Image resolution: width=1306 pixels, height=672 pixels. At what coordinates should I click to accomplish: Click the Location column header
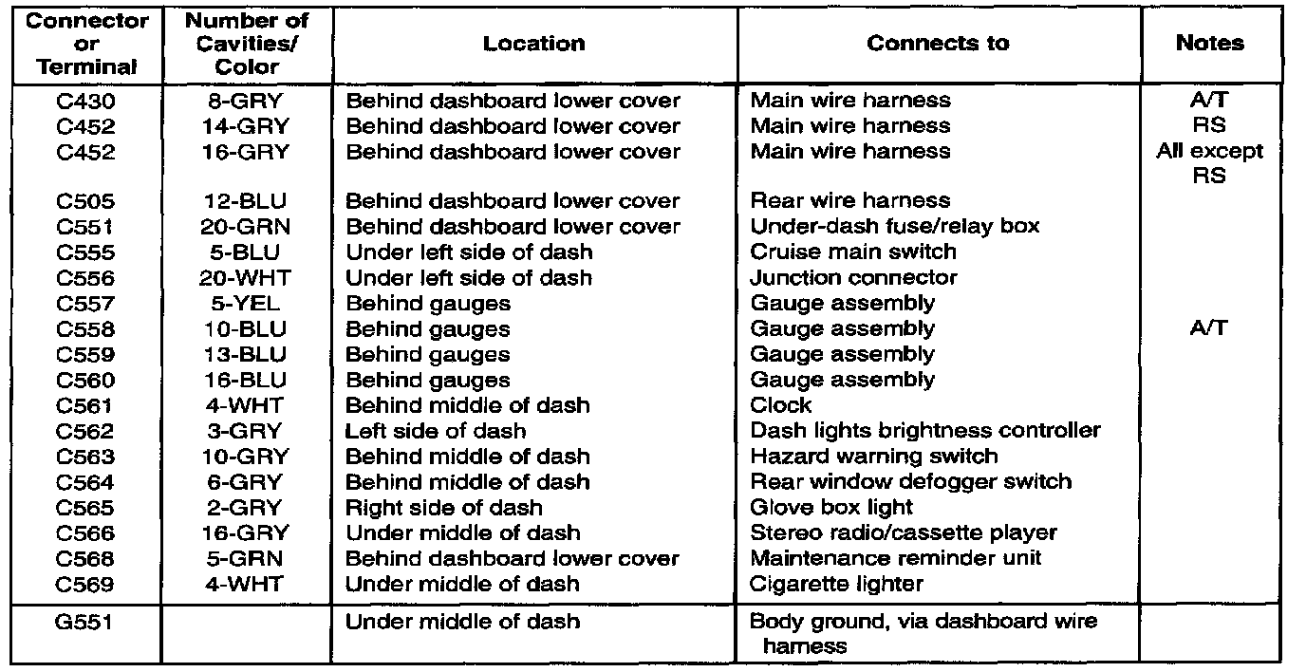pyautogui.click(x=534, y=44)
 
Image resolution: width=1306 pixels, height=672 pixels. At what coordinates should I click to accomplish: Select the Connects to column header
pyautogui.click(x=938, y=44)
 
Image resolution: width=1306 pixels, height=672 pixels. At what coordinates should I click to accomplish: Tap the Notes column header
pyautogui.click(x=1209, y=44)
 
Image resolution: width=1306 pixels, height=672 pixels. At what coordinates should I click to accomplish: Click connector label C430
pyautogui.click(x=84, y=101)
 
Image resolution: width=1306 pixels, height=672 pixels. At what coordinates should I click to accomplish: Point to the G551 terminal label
pyautogui.click(x=84, y=623)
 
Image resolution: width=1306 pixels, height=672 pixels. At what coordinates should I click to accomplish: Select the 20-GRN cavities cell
pyautogui.click(x=246, y=227)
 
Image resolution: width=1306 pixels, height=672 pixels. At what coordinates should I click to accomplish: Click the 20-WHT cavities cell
pyautogui.click(x=246, y=278)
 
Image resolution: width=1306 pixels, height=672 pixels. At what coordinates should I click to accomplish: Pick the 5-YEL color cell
pyautogui.click(x=246, y=304)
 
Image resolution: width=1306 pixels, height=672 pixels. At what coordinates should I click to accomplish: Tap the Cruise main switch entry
pyautogui.click(x=853, y=252)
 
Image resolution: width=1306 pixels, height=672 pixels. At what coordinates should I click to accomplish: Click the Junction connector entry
pyautogui.click(x=853, y=278)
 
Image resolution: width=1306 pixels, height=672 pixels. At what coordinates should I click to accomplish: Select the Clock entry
pyautogui.click(x=781, y=405)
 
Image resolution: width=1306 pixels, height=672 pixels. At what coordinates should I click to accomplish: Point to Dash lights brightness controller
pyautogui.click(x=925, y=431)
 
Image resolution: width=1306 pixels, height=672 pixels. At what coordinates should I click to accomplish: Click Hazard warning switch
pyautogui.click(x=874, y=457)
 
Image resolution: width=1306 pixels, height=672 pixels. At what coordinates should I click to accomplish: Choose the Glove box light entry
pyautogui.click(x=831, y=508)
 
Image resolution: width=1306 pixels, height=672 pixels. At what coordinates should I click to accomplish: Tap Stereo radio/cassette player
pyautogui.click(x=903, y=533)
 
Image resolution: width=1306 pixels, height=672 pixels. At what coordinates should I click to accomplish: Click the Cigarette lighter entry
pyautogui.click(x=836, y=584)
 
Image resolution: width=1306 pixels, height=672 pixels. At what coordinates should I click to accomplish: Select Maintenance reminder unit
pyautogui.click(x=896, y=558)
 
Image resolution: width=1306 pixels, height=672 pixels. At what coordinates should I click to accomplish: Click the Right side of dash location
pyautogui.click(x=444, y=508)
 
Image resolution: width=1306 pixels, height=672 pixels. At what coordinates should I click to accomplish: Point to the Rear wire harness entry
pyautogui.click(x=849, y=201)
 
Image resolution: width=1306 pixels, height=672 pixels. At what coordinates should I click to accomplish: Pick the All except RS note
pyautogui.click(x=1209, y=163)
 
